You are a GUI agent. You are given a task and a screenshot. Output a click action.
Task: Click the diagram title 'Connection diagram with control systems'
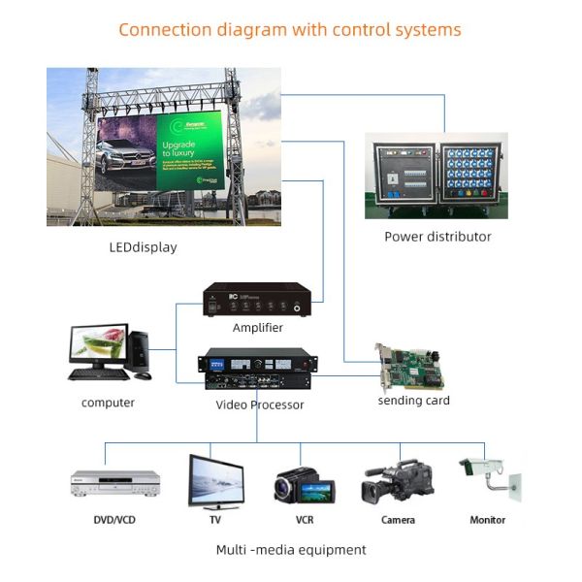pos(289,29)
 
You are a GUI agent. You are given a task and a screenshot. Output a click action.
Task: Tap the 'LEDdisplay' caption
pos(143,247)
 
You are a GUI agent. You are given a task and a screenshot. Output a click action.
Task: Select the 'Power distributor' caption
pos(437,237)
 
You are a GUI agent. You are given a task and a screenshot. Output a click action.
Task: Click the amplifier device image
pos(257,300)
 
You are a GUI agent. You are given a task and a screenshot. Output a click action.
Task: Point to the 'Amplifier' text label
pos(257,328)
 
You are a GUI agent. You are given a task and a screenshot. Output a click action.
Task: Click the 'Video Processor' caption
pos(259,404)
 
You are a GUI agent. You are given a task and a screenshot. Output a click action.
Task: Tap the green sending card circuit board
pos(412,367)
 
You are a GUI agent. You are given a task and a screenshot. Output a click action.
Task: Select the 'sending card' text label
pos(413,401)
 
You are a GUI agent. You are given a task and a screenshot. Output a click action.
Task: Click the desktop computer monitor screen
pos(99,344)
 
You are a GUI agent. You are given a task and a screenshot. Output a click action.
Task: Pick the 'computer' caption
pos(108,403)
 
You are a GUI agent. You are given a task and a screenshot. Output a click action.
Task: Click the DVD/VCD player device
pos(114,482)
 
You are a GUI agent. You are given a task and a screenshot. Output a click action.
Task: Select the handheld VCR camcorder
pos(304,485)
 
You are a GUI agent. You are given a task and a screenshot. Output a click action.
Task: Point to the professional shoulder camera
pos(397,479)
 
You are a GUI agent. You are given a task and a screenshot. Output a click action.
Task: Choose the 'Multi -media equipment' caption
pos(291,550)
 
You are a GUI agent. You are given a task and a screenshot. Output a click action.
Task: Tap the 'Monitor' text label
pos(487,520)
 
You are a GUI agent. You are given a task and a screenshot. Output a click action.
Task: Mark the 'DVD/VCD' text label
pos(113,520)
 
